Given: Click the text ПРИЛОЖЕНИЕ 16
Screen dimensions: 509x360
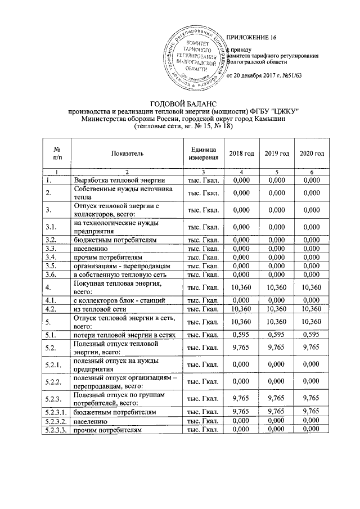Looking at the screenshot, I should (251, 38).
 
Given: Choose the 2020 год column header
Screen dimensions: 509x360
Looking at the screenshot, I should (311, 153).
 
